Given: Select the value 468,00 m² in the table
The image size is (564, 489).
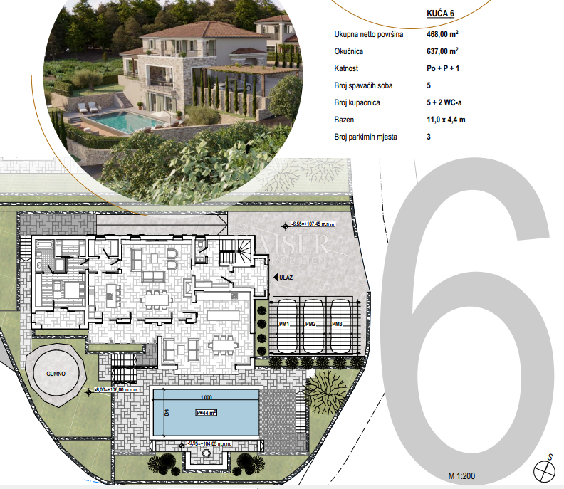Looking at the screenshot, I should tap(442, 35).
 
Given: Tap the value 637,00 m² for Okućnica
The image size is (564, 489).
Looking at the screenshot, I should tap(442, 52).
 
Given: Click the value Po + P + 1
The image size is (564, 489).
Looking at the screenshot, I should tap(443, 69).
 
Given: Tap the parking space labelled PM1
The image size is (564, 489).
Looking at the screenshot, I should tap(283, 325).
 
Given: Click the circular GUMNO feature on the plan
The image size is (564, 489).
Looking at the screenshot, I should tap(58, 372).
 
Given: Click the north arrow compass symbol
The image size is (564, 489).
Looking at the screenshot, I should tap(545, 470).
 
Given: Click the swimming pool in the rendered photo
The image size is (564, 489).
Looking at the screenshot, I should tap(121, 122).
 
